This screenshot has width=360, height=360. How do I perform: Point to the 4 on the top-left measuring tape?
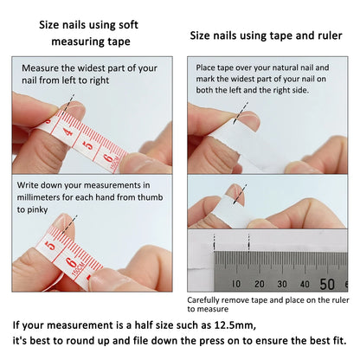click(68, 133)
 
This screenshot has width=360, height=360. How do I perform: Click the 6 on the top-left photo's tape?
click(108, 158)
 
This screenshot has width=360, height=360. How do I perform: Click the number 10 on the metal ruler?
click(235, 283)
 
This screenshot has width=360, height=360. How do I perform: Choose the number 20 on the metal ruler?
click(259, 283)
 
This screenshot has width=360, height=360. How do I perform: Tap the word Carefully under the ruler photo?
click(207, 300)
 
